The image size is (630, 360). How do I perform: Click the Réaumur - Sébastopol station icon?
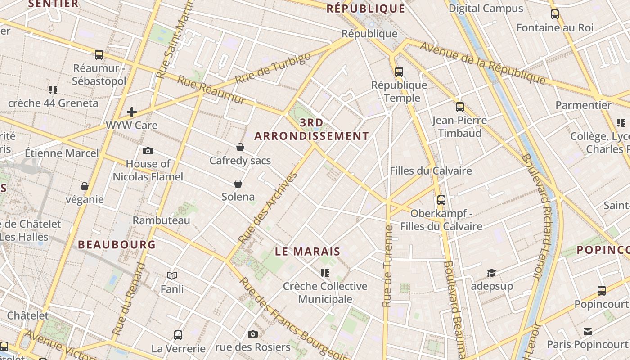99,55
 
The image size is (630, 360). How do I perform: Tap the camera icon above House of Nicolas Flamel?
148,151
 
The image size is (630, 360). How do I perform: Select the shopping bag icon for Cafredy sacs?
240,147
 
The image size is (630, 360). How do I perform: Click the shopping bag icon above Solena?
238,184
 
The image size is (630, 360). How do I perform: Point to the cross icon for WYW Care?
132,112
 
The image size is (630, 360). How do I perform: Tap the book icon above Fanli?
172,275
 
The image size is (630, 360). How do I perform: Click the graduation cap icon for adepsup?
491,273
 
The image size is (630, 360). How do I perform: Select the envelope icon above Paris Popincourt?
588,332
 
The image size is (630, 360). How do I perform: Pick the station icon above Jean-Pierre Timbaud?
459,107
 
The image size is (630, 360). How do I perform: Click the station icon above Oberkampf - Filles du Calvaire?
441,200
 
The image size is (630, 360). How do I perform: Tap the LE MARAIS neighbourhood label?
308,252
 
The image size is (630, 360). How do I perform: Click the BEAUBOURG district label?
117,245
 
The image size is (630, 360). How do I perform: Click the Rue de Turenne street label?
387,266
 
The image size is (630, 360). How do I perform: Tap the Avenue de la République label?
482,63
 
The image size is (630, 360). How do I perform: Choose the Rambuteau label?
162,220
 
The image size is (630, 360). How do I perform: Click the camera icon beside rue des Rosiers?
253,334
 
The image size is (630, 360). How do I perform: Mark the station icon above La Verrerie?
178,335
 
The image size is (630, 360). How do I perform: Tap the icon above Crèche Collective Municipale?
325,273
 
